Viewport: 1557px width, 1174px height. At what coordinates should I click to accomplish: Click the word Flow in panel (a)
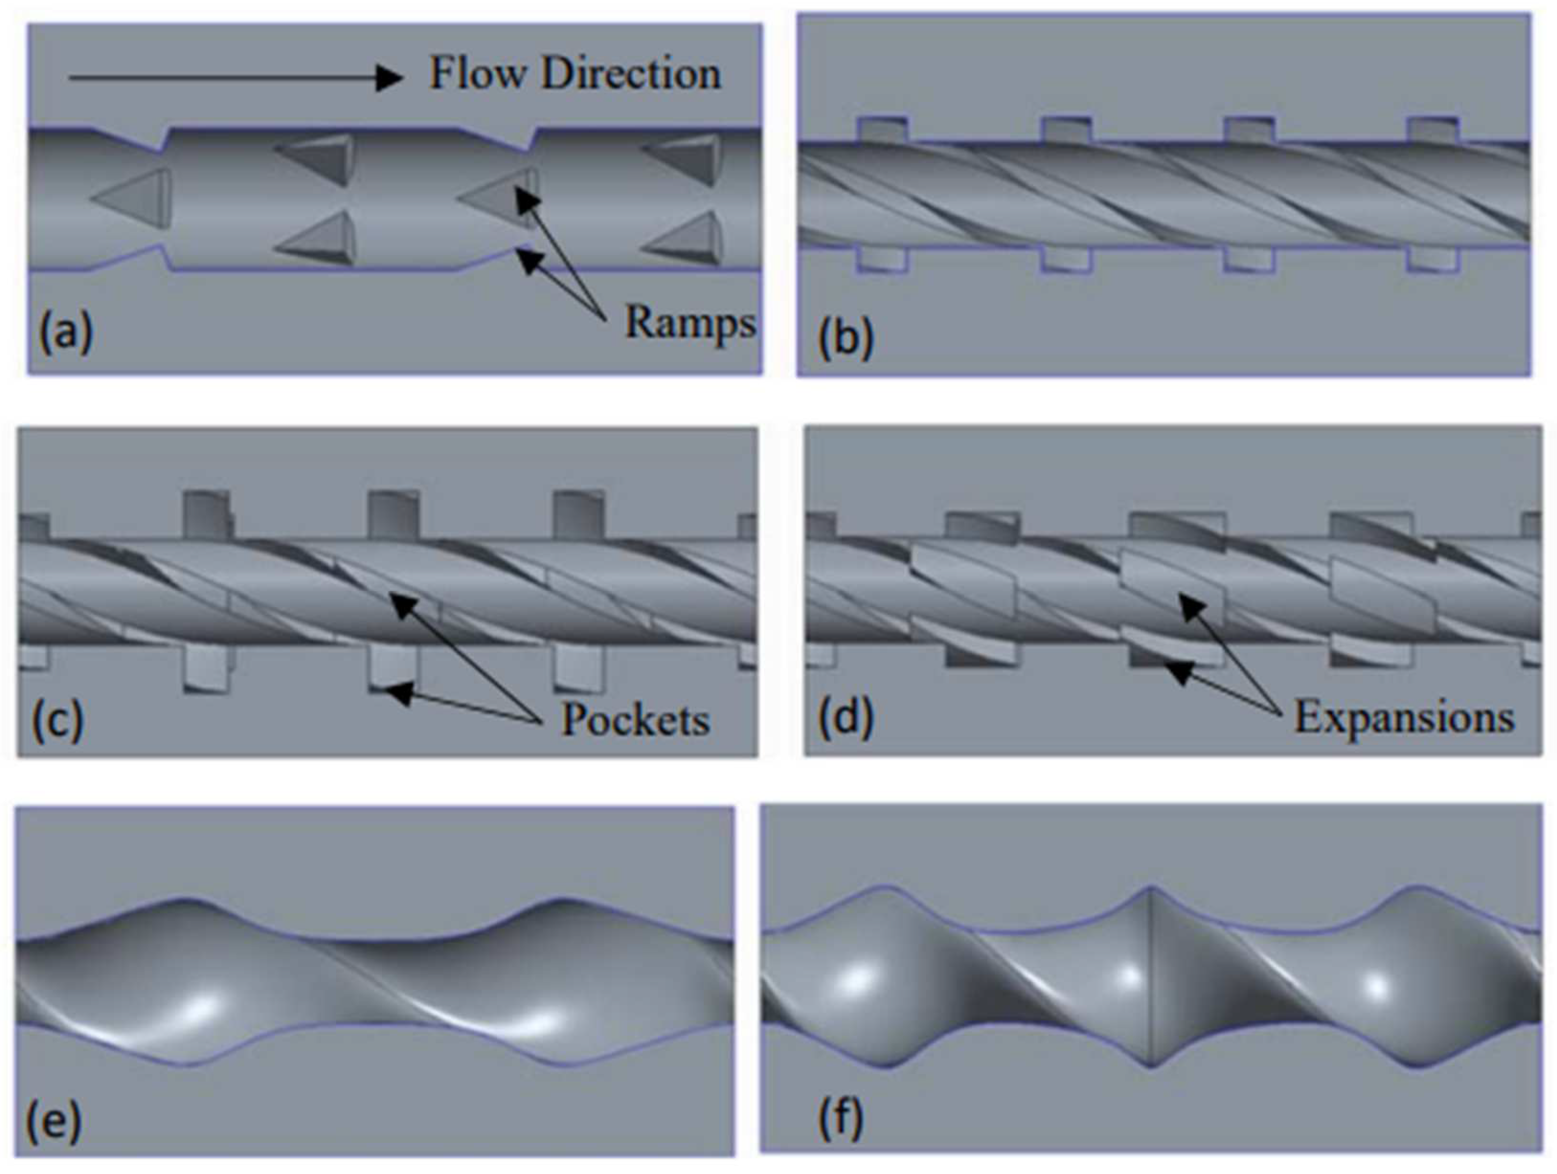(477, 74)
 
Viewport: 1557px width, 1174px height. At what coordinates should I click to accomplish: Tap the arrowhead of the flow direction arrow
(388, 77)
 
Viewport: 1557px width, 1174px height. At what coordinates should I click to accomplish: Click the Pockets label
(635, 720)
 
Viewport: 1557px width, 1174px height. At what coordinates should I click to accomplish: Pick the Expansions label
(1404, 718)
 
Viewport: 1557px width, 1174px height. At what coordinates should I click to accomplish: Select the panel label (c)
(58, 720)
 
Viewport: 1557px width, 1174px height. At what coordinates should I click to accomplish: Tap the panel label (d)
(845, 718)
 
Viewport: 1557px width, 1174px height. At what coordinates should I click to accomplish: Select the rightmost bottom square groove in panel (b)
(1432, 260)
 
